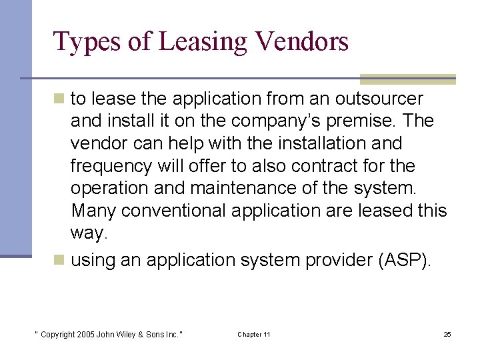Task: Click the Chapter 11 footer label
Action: (x=254, y=334)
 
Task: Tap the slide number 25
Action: (x=447, y=334)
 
